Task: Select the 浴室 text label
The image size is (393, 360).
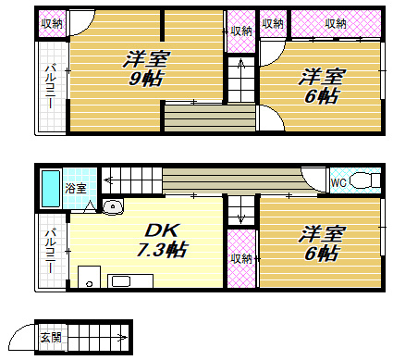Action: click(x=76, y=188)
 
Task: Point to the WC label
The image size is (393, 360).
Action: click(x=338, y=183)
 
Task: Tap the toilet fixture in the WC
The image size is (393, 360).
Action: click(x=367, y=181)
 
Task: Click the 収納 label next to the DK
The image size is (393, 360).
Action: click(x=240, y=258)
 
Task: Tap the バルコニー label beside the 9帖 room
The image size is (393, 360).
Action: click(x=51, y=93)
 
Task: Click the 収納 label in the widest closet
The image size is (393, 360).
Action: click(x=335, y=23)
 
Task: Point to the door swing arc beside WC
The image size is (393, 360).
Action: click(x=316, y=178)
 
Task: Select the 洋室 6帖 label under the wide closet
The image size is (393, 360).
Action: click(x=321, y=86)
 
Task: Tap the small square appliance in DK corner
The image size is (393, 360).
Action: click(x=88, y=277)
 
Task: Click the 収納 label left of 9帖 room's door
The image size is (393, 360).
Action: click(x=52, y=23)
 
